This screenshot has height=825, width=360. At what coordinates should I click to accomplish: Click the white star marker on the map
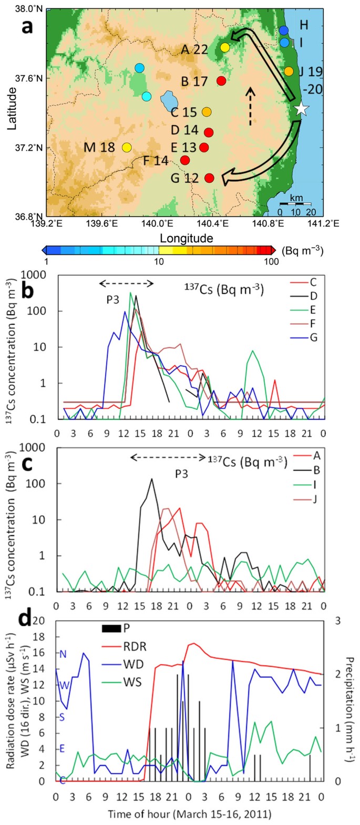click(301, 109)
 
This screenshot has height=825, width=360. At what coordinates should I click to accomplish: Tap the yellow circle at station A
click(225, 47)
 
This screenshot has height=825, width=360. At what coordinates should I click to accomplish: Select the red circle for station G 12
click(209, 178)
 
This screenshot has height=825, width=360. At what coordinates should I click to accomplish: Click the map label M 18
click(99, 147)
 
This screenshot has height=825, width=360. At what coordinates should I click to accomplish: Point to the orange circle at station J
click(289, 71)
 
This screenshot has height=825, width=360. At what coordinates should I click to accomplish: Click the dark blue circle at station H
click(284, 30)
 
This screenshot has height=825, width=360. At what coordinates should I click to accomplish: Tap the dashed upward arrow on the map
click(251, 106)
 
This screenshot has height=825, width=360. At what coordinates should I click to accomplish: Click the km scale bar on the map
click(295, 203)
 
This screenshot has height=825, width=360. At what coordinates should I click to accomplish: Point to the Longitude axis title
click(187, 238)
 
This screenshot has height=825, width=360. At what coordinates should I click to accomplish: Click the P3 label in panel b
click(113, 300)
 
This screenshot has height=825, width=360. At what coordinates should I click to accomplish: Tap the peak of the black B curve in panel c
click(152, 479)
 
